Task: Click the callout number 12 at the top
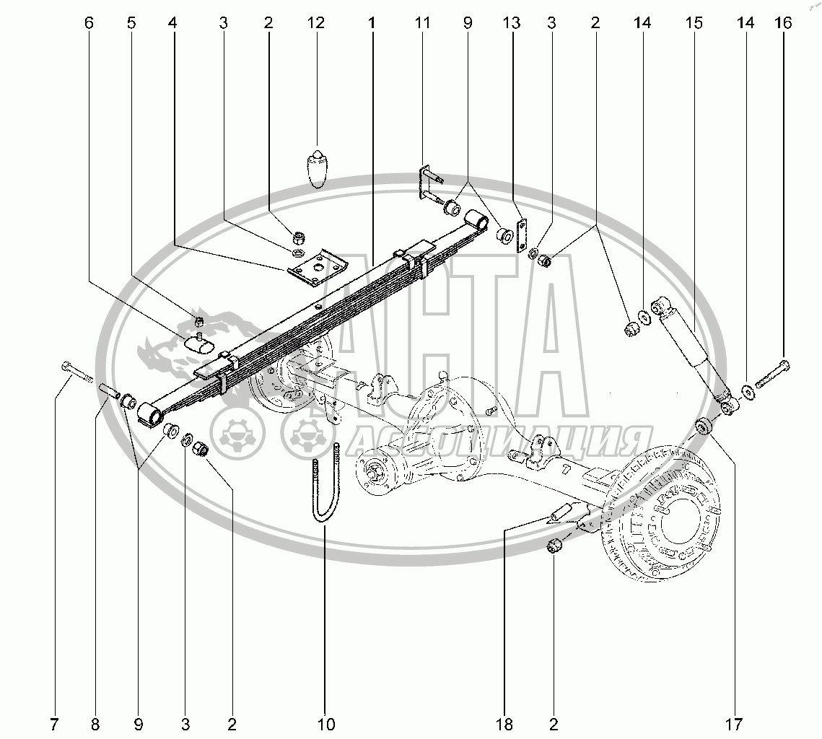315,22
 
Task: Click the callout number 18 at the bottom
504,725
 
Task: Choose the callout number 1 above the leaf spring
372,22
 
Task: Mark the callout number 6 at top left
88,22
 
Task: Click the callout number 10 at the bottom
325,725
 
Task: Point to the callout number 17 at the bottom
733,725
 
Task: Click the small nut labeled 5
198,320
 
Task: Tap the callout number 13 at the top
511,22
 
